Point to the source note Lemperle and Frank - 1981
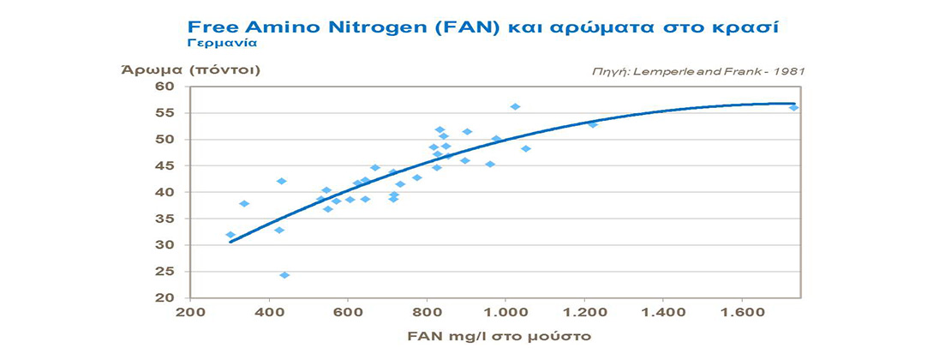pyautogui.click(x=701, y=73)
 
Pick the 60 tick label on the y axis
pyautogui.click(x=164, y=87)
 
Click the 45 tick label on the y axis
pyautogui.click(x=164, y=165)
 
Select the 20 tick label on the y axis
pyautogui.click(x=164, y=297)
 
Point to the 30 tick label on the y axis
pyautogui.click(x=164, y=245)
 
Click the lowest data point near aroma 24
pyautogui.click(x=284, y=275)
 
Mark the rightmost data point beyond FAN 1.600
pyautogui.click(x=793, y=107)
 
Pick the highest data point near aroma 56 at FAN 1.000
pyautogui.click(x=515, y=107)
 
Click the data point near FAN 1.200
pyautogui.click(x=592, y=124)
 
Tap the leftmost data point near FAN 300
pyautogui.click(x=230, y=235)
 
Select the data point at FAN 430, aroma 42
pyautogui.click(x=281, y=182)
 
